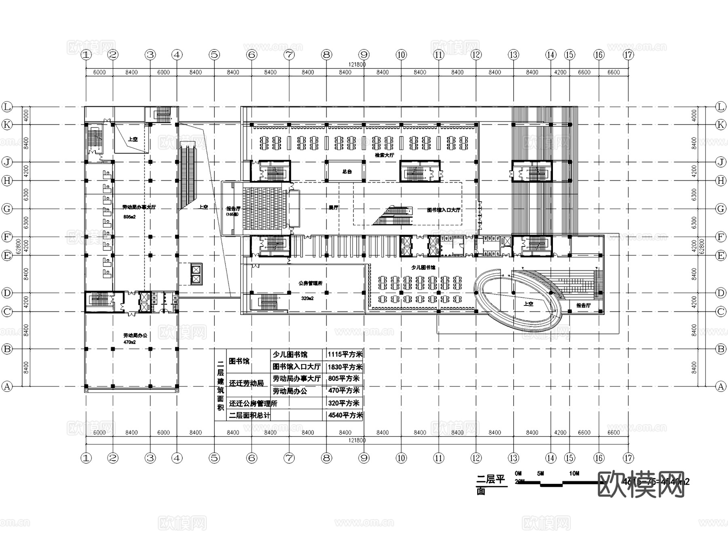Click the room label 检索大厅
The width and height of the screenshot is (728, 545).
384,155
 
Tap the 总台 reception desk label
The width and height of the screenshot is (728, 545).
347,172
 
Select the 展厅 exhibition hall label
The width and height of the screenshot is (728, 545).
333,208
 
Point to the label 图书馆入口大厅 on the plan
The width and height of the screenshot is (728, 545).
443,210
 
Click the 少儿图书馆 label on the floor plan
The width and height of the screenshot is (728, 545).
423,267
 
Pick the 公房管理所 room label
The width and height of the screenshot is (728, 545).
310,283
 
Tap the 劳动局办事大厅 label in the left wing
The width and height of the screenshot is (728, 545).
139,207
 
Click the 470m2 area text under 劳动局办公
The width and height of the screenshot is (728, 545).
129,342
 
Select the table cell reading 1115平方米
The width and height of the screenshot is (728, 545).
345,354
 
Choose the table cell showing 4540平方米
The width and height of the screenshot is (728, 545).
345,415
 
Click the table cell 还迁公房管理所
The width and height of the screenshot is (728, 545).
253,403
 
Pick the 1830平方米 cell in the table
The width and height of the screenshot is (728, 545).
345,367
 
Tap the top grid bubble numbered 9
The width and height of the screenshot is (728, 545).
364,55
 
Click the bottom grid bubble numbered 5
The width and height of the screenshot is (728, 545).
214,458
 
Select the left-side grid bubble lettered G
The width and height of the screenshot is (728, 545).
7,209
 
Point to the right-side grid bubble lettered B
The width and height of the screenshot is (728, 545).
721,349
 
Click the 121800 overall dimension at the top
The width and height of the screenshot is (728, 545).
357,64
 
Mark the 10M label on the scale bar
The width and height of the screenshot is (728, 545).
574,473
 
